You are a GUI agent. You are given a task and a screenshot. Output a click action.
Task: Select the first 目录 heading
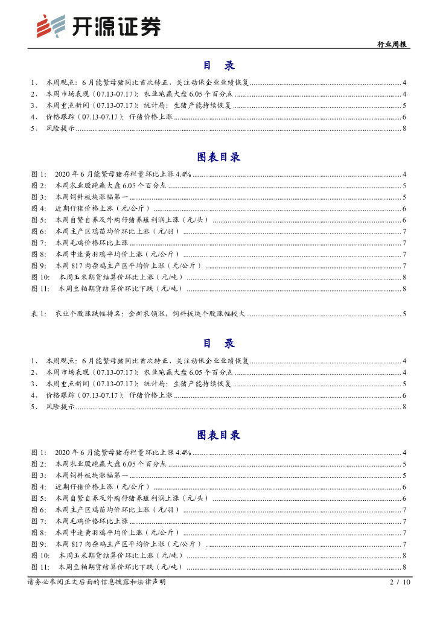tap(218, 65)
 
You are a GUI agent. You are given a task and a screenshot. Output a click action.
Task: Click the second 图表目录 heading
tap(218, 435)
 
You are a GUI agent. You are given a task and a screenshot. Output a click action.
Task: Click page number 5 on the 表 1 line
tap(404, 314)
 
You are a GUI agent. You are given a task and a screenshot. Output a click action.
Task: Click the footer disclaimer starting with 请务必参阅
tap(96, 582)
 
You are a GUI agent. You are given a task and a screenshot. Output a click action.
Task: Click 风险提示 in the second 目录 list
tap(61, 407)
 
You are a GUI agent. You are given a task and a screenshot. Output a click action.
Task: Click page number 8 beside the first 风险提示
tap(404, 129)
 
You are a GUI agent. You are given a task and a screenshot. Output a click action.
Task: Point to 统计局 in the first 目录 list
tap(155, 106)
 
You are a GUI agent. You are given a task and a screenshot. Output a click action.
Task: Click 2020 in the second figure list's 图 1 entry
tap(63, 453)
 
